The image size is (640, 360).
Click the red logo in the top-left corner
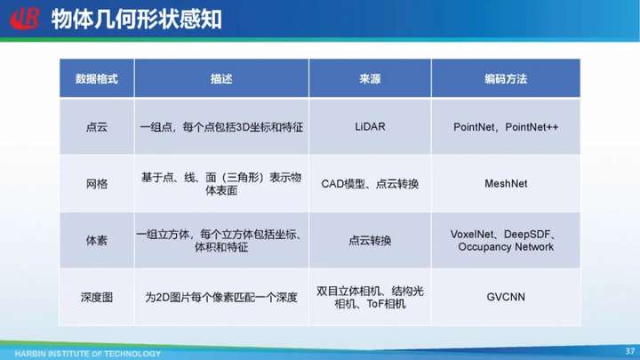pos(25,19)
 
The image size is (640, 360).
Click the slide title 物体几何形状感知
pos(137,20)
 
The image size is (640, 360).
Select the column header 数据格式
pos(97,79)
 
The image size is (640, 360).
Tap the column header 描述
pos(221,79)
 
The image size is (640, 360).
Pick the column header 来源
pos(370,79)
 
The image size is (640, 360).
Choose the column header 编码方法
pos(506,79)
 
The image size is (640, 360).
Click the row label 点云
pos(97,127)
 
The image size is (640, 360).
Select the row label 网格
pos(97,184)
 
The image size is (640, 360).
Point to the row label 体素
pos(97,240)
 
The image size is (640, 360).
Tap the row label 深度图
pos(97,297)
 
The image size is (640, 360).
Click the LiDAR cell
pos(370,126)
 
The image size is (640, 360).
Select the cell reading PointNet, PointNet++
pos(506,127)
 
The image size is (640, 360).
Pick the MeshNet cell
pos(506,184)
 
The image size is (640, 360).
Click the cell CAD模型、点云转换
pos(370,184)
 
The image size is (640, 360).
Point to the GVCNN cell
pos(506,297)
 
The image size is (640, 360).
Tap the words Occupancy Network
pos(506,247)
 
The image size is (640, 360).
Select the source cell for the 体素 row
pos(370,240)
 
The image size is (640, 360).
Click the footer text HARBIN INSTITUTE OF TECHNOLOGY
pos(88,354)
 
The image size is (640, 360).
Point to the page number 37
pos(630,351)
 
